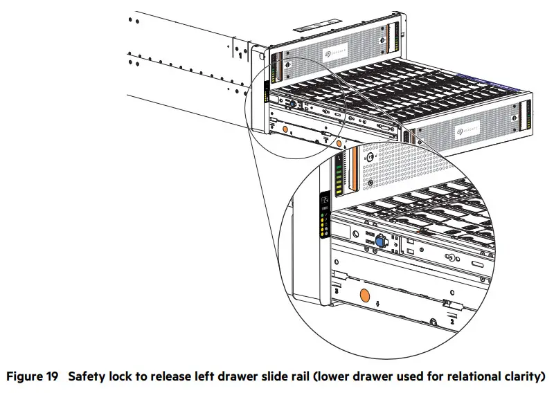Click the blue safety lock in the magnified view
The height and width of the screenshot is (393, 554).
tap(379, 242)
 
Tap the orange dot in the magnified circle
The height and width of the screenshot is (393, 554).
tap(363, 296)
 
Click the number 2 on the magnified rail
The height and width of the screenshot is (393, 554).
tap(452, 320)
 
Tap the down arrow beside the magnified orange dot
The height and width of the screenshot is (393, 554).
tap(378, 302)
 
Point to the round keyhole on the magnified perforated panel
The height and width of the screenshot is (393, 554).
tap(371, 158)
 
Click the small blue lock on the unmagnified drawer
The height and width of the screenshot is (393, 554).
tap(292, 104)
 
